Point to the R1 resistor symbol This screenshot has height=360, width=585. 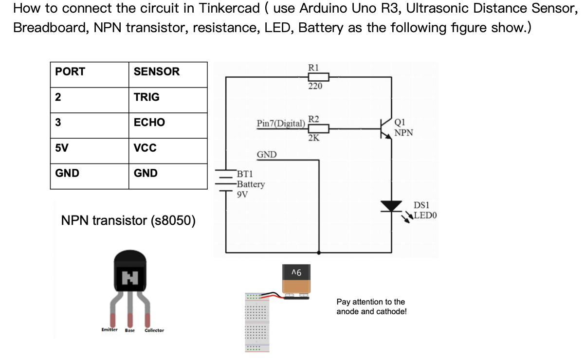[318, 77]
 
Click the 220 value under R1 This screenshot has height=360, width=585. [314, 86]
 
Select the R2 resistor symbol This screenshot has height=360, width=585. [318, 128]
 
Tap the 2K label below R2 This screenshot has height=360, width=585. [314, 138]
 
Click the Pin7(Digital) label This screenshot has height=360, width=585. [281, 124]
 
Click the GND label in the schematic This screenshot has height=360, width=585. [266, 155]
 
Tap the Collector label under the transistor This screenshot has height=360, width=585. [154, 330]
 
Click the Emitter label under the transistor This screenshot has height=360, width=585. [109, 330]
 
